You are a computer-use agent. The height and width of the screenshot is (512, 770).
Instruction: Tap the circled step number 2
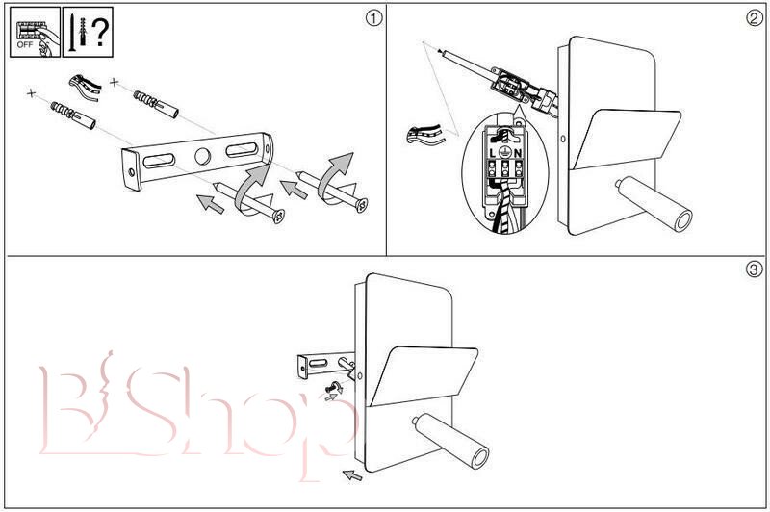[755, 17]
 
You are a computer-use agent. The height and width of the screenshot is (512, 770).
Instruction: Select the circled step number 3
[755, 269]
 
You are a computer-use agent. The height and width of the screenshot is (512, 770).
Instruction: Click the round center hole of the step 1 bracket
[201, 156]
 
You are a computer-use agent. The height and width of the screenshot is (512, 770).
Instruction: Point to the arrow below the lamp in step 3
[353, 474]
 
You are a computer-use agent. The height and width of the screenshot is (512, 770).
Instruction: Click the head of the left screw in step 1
[280, 216]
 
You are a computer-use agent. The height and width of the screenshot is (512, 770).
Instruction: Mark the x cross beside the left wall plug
[32, 93]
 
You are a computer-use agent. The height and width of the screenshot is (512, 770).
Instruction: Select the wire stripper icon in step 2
[425, 133]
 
